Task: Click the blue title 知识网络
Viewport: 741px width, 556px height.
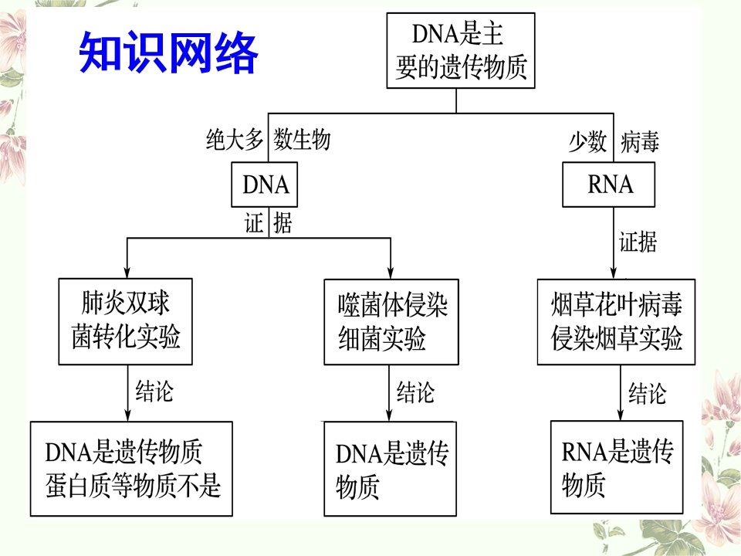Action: point(168,52)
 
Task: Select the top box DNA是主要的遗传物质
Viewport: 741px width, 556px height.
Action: point(461,51)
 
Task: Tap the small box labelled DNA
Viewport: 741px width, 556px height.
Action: point(264,185)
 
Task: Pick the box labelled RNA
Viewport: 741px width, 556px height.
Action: point(609,185)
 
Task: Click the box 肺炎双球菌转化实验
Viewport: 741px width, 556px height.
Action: point(125,321)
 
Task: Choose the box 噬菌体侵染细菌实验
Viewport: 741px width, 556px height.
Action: point(391,322)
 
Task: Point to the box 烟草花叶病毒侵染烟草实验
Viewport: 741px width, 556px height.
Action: point(616,322)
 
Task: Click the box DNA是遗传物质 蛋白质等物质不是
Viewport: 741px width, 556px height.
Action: point(131,469)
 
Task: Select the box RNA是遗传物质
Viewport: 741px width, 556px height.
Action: point(617,467)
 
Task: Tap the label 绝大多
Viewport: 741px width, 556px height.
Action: point(235,140)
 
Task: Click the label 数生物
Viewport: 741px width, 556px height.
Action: point(302,140)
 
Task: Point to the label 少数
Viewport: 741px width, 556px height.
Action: point(587,141)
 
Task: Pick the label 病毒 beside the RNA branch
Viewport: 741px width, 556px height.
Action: point(639,141)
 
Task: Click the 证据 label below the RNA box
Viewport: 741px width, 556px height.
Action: point(638,242)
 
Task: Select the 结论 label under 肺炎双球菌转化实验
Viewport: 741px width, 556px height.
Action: point(154,391)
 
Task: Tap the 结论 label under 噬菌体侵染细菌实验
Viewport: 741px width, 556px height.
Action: point(415,392)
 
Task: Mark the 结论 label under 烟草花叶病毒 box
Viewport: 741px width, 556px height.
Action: point(647,393)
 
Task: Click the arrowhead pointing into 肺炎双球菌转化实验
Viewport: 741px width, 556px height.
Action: point(127,273)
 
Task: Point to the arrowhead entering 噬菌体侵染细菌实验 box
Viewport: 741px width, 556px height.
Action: point(391,273)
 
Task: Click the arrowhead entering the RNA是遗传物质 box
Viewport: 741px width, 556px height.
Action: point(621,414)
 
